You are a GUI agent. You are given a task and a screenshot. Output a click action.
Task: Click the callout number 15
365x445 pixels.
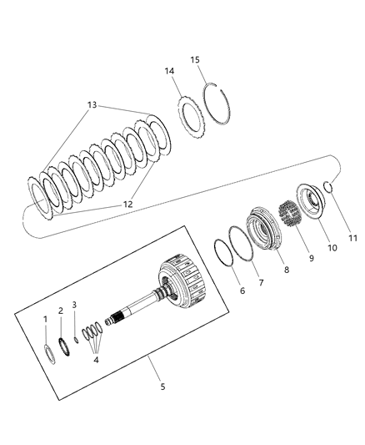tap(195, 60)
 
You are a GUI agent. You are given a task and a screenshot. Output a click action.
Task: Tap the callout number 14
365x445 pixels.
tap(169, 71)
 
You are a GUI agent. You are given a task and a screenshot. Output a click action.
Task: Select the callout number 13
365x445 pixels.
tap(92, 105)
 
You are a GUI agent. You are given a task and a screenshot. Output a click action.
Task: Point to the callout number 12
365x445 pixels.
tap(127, 204)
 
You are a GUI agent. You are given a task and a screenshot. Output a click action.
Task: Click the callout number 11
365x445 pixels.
tap(352, 238)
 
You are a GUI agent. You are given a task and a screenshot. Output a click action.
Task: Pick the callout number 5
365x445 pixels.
tap(162, 387)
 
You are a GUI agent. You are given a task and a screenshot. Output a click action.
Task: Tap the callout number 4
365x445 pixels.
tap(96, 360)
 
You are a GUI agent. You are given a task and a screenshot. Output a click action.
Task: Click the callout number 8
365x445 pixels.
tap(287, 270)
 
